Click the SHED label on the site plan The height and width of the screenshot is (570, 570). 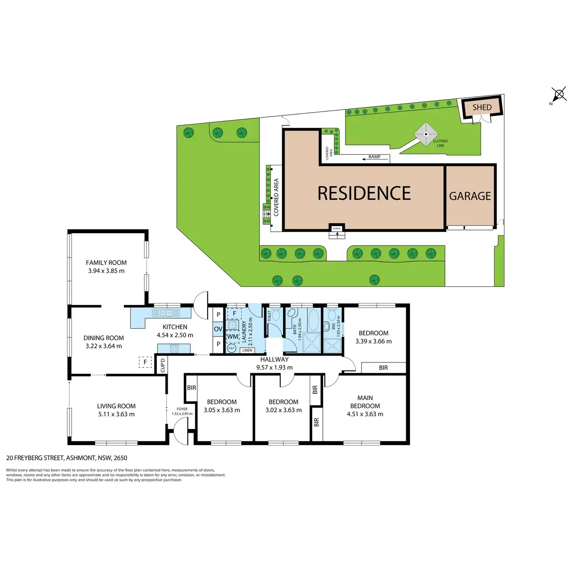(x=482, y=107)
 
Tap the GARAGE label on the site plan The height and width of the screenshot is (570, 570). (x=470, y=196)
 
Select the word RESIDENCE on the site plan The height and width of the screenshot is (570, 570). (x=364, y=193)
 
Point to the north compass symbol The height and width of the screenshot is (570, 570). (x=559, y=95)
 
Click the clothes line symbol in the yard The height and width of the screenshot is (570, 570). (x=426, y=134)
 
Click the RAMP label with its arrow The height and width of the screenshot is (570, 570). (x=374, y=157)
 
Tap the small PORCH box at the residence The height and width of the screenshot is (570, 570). (x=336, y=228)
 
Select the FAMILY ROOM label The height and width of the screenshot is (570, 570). (x=106, y=263)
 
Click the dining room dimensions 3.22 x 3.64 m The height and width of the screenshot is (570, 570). (x=104, y=346)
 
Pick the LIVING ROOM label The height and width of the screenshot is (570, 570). (x=116, y=406)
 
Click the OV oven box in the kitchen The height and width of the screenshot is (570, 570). (x=218, y=329)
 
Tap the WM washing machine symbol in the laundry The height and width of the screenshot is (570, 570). (x=232, y=337)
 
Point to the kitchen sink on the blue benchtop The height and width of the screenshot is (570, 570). (x=166, y=313)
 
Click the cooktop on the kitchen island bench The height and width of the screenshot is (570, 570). (x=174, y=348)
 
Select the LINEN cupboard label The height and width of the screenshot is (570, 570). (x=247, y=351)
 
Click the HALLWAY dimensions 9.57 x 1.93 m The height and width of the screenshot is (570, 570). (x=274, y=367)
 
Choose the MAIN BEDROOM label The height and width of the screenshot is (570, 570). (x=365, y=402)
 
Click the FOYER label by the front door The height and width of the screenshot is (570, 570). (x=182, y=409)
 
